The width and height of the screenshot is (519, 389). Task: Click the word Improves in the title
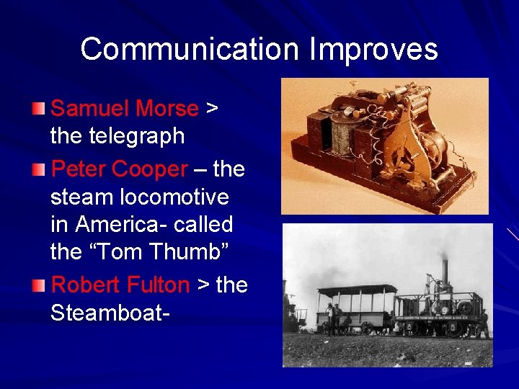click(373, 50)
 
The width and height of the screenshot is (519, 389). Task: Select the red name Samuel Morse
click(125, 109)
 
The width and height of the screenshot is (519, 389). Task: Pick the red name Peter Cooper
click(120, 169)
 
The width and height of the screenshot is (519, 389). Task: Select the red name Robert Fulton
click(120, 285)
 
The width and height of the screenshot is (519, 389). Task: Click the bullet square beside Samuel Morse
click(39, 109)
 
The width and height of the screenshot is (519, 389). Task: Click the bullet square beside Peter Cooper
click(39, 169)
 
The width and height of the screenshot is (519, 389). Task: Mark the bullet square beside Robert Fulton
click(39, 285)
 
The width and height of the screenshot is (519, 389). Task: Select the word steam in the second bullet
click(75, 197)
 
